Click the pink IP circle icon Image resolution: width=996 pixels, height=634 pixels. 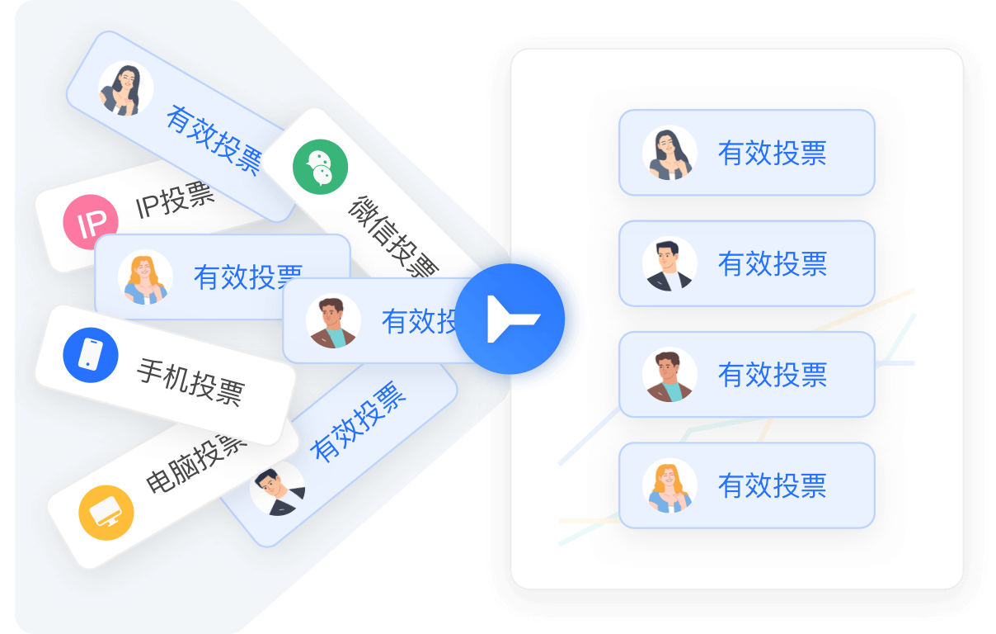click(x=91, y=222)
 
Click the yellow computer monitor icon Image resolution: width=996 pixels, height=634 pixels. click(x=106, y=513)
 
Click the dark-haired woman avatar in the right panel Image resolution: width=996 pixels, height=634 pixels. click(x=669, y=153)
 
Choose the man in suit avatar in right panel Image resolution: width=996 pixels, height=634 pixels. click(x=669, y=264)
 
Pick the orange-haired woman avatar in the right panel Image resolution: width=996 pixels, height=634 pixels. click(x=669, y=485)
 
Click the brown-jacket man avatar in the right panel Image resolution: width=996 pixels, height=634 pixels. click(x=669, y=375)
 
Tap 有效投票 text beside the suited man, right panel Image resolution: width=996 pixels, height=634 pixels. click(x=772, y=264)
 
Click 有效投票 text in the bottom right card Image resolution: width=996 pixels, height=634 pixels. click(x=772, y=485)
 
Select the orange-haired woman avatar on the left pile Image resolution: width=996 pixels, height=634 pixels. click(x=145, y=277)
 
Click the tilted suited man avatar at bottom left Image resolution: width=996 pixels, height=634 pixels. click(x=277, y=490)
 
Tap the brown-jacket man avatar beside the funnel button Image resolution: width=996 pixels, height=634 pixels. click(x=333, y=321)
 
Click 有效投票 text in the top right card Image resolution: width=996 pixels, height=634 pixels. click(x=772, y=153)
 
